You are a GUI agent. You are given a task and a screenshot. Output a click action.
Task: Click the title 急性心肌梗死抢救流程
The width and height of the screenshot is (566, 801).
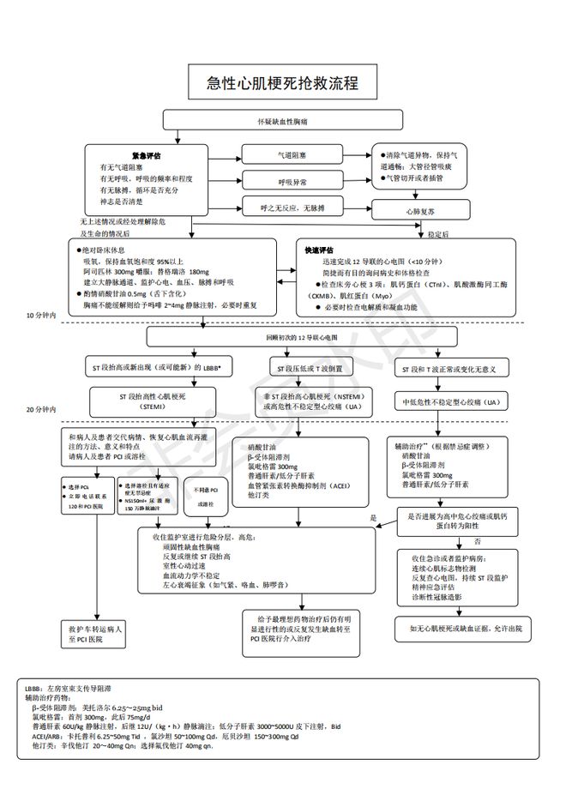(283, 83)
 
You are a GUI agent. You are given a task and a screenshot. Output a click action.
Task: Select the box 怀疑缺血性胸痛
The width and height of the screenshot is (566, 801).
(283, 122)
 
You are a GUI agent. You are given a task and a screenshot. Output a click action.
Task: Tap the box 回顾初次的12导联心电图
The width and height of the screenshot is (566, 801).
(283, 336)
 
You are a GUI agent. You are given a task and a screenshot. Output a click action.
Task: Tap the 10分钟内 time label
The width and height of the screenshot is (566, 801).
(40, 316)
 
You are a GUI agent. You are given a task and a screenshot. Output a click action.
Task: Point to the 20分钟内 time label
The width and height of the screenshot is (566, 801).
(40, 410)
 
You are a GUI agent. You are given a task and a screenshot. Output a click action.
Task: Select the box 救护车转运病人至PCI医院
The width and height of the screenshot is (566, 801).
(97, 633)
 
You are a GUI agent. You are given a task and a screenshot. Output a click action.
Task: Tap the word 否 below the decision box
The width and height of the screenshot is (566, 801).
(478, 542)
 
